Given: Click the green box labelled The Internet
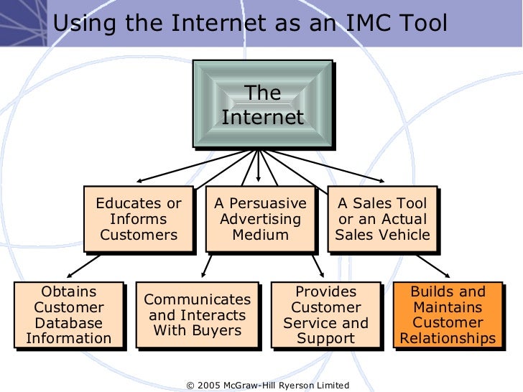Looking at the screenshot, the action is point(262,105).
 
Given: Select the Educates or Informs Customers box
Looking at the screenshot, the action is point(139,219).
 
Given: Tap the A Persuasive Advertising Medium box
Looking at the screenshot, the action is point(261,219).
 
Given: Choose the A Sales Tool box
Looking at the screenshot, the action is point(382,219).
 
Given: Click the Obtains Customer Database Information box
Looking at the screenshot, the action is point(69,315).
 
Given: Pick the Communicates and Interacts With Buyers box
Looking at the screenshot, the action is point(198,315).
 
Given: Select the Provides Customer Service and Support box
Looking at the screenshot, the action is point(325,315).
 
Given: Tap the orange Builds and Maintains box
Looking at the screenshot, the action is point(448,315).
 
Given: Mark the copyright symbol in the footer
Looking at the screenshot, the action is point(190,386).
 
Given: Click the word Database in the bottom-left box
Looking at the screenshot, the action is point(69,323).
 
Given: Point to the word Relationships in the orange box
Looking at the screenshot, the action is point(448,338).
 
